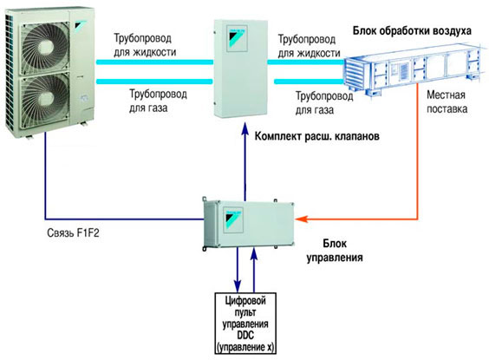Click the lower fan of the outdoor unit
44,101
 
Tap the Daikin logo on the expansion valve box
237,38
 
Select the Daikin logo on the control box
234,219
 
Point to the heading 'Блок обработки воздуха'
412,31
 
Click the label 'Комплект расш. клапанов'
317,136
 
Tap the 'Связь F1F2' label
74,233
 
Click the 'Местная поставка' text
447,101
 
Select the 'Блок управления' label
335,251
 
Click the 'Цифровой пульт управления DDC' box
245,324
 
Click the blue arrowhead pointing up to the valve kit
245,128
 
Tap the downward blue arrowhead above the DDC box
238,285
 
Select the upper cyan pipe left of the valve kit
154,62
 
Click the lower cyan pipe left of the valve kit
154,82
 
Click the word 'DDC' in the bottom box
245,336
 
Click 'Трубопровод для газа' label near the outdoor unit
158,101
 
